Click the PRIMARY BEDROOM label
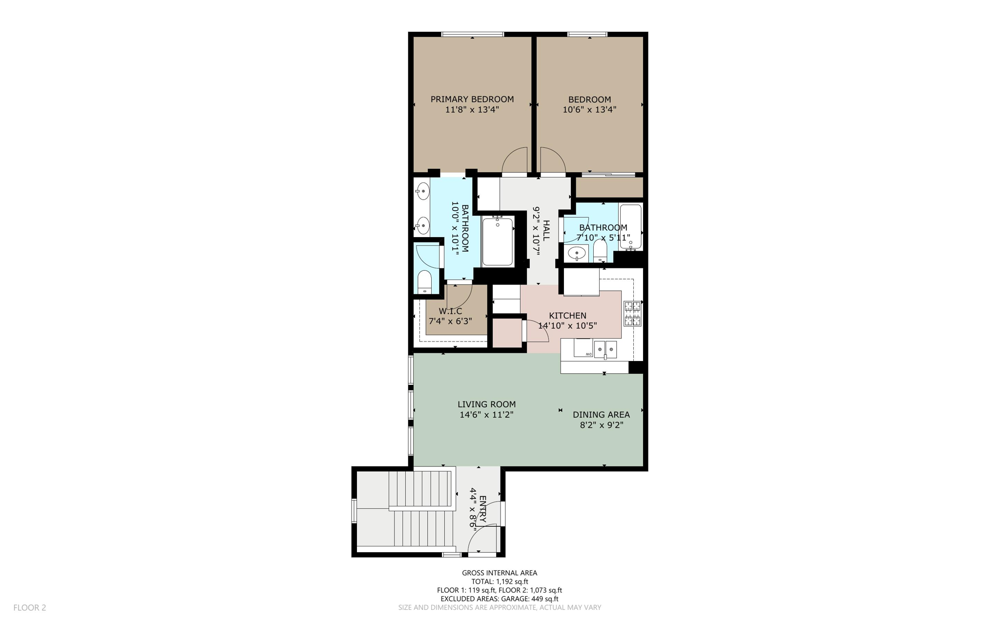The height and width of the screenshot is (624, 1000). coord(472,99)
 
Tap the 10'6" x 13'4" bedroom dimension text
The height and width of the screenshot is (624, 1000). coord(589,110)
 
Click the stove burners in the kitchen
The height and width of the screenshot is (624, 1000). coord(632,314)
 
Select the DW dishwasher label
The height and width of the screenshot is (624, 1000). coord(589,354)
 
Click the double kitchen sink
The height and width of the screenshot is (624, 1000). coord(605,349)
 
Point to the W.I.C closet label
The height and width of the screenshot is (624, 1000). coord(450,311)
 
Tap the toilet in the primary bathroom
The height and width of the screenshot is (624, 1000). coord(425,282)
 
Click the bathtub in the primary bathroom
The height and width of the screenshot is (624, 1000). coord(498,242)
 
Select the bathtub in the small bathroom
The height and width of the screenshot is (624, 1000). coord(630,227)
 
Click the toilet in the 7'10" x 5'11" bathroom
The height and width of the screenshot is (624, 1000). coord(600,250)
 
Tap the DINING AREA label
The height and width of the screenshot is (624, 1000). coord(601,415)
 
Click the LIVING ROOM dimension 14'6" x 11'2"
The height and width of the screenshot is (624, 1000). coord(486,415)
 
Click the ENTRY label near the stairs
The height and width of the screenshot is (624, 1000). coord(483,510)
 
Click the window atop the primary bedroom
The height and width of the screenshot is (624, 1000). coord(472,34)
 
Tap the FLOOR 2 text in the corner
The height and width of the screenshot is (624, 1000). coord(30,607)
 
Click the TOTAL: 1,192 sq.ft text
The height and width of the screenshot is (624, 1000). coord(500,582)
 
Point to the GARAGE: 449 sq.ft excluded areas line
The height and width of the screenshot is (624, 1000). coord(500,599)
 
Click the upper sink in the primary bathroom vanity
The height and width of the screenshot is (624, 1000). coord(422,192)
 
